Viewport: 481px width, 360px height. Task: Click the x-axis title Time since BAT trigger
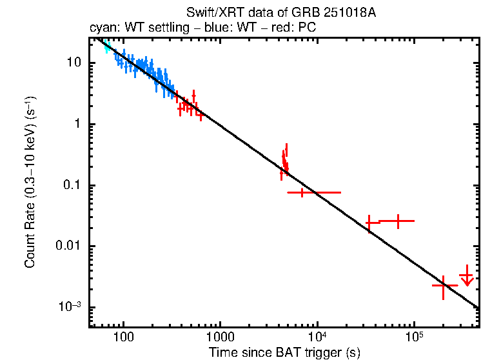[x=284, y=352]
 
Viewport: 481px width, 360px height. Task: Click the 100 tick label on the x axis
[x=123, y=337]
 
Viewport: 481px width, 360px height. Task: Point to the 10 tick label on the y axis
[x=74, y=63]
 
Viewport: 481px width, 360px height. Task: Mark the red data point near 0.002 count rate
[x=444, y=285]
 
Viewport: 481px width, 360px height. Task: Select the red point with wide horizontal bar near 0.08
[x=302, y=192]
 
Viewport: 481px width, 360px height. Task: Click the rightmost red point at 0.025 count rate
[x=398, y=221]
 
